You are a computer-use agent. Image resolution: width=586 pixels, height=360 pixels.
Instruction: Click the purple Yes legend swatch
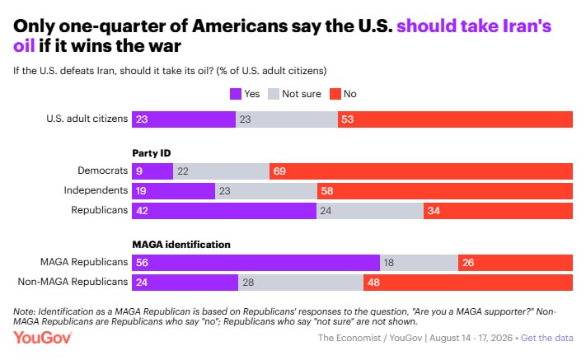pyautogui.click(x=236, y=94)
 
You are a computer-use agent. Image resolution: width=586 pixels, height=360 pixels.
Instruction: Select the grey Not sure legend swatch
pyautogui.click(x=274, y=94)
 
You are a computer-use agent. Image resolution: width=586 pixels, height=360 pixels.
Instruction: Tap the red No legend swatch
pyautogui.click(x=335, y=94)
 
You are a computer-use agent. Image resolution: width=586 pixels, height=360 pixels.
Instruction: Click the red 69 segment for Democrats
pyautogui.click(x=421, y=171)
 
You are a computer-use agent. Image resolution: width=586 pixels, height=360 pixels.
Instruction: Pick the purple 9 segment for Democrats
pyautogui.click(x=152, y=171)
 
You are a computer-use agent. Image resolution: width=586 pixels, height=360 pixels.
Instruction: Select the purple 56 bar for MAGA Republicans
pyautogui.click(x=256, y=263)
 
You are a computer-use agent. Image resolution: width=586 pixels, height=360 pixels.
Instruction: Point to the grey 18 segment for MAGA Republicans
pyautogui.click(x=420, y=263)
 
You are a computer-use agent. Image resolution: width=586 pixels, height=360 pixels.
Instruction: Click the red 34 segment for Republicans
pyautogui.click(x=498, y=211)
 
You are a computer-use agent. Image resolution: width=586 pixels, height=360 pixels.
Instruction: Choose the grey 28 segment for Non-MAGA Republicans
pyautogui.click(x=301, y=283)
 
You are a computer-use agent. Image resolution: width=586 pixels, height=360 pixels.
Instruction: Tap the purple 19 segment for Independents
pyautogui.click(x=173, y=191)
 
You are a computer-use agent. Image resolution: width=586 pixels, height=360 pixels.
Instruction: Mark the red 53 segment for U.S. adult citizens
pyautogui.click(x=455, y=119)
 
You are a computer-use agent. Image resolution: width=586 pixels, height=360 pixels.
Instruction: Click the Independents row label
pyautogui.click(x=96, y=190)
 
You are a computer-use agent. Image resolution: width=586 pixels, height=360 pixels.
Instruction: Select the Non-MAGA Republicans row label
pyautogui.click(x=73, y=282)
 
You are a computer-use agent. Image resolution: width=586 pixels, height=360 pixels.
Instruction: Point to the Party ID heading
pyautogui.click(x=152, y=153)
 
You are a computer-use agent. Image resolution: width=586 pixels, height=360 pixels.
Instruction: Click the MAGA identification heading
pyautogui.click(x=181, y=245)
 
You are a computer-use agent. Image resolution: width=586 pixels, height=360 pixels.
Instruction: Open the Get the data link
pyautogui.click(x=546, y=338)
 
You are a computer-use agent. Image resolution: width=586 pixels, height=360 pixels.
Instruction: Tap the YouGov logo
pyautogui.click(x=42, y=338)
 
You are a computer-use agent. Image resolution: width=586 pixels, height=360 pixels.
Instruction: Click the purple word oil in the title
pyautogui.click(x=24, y=46)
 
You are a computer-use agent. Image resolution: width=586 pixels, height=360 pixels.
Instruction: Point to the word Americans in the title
pyautogui.click(x=240, y=26)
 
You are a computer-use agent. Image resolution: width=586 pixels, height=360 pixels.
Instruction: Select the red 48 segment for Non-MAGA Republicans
pyautogui.click(x=468, y=283)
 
